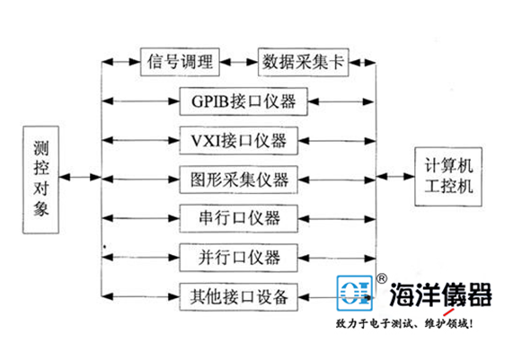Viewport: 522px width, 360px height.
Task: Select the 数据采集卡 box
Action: [304, 63]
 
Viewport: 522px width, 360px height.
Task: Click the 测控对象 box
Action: [41, 177]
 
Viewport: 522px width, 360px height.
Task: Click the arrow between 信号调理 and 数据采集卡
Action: [238, 63]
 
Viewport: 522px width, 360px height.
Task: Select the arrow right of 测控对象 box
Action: [83, 178]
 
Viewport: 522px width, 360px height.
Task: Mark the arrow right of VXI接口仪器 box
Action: [342, 140]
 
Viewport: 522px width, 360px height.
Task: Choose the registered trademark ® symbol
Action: [382, 279]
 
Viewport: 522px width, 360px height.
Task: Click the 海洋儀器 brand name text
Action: [440, 294]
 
